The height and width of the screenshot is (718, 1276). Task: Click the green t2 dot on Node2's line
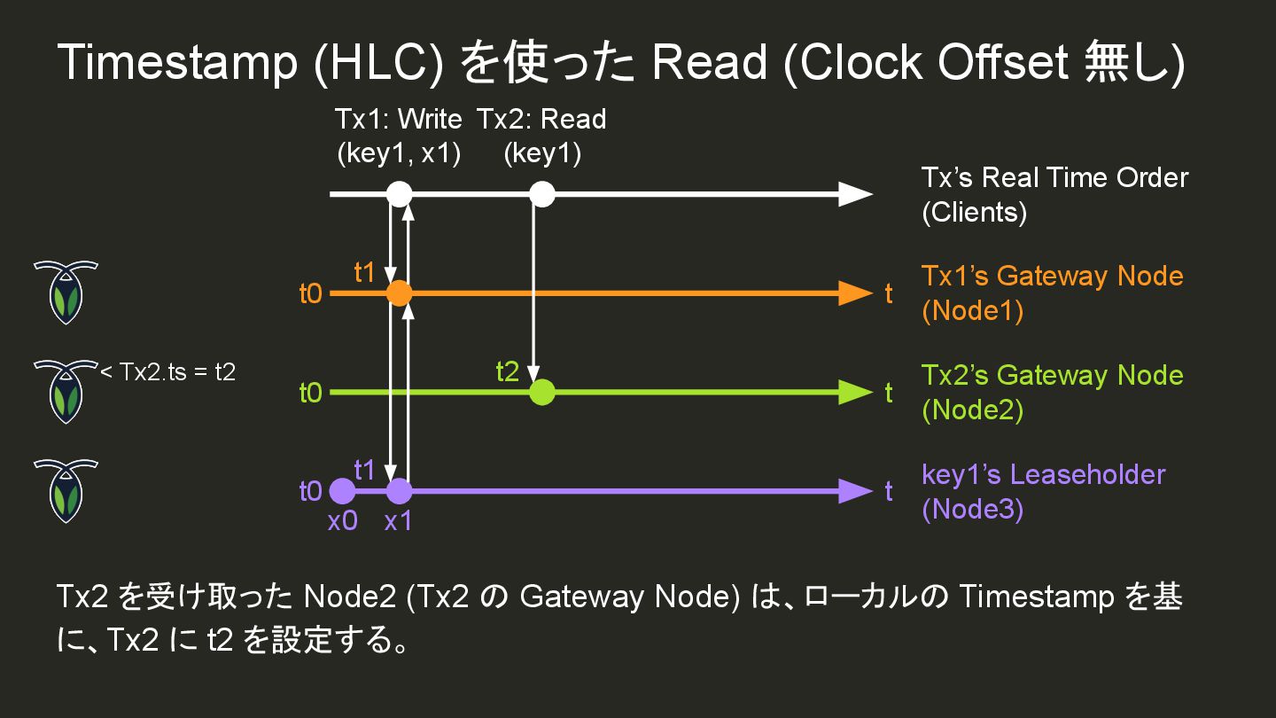coord(541,392)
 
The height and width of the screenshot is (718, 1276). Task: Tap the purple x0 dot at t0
coord(342,491)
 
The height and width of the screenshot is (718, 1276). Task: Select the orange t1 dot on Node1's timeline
coord(400,293)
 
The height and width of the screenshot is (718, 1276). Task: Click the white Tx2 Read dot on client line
coord(541,193)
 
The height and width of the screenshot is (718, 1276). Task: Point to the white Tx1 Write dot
coord(400,193)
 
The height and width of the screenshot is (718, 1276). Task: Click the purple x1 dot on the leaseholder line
coord(400,491)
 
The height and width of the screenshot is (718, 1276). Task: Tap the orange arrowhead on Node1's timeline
coord(855,293)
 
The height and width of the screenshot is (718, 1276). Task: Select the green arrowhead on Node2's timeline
coord(855,392)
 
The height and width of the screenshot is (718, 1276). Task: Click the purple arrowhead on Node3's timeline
coord(855,491)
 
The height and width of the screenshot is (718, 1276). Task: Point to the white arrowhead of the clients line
coord(855,193)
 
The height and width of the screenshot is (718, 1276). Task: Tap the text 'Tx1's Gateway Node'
coord(1052,276)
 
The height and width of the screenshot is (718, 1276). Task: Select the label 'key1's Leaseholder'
coord(1043,474)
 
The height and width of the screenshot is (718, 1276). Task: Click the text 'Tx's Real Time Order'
coord(1054,177)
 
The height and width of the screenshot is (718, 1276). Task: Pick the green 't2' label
coord(507,371)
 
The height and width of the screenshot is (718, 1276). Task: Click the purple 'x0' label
coord(342,521)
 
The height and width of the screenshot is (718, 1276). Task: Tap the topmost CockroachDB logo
coord(65,292)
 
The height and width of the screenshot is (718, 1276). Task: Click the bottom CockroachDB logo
coord(65,490)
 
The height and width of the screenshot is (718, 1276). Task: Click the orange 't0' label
coord(310,293)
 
